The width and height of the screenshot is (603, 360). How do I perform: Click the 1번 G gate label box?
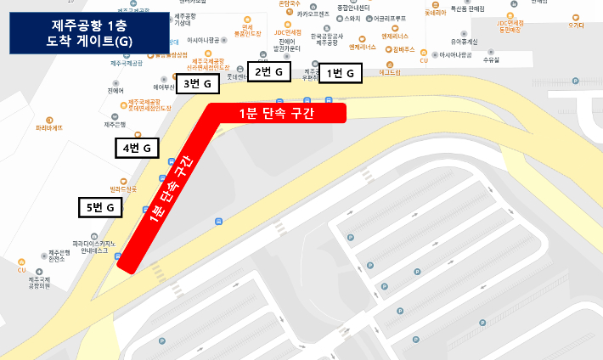click(x=340, y=74)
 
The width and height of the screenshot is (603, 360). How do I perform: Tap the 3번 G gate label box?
click(x=196, y=83)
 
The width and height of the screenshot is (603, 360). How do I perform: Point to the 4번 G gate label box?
click(x=137, y=148)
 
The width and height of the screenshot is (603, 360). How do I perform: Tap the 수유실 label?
click(x=490, y=60)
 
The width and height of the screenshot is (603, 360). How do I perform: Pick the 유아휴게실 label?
click(x=465, y=41)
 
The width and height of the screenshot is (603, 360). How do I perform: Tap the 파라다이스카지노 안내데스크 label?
click(x=95, y=247)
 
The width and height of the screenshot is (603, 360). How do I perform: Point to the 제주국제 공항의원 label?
click(x=39, y=283)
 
